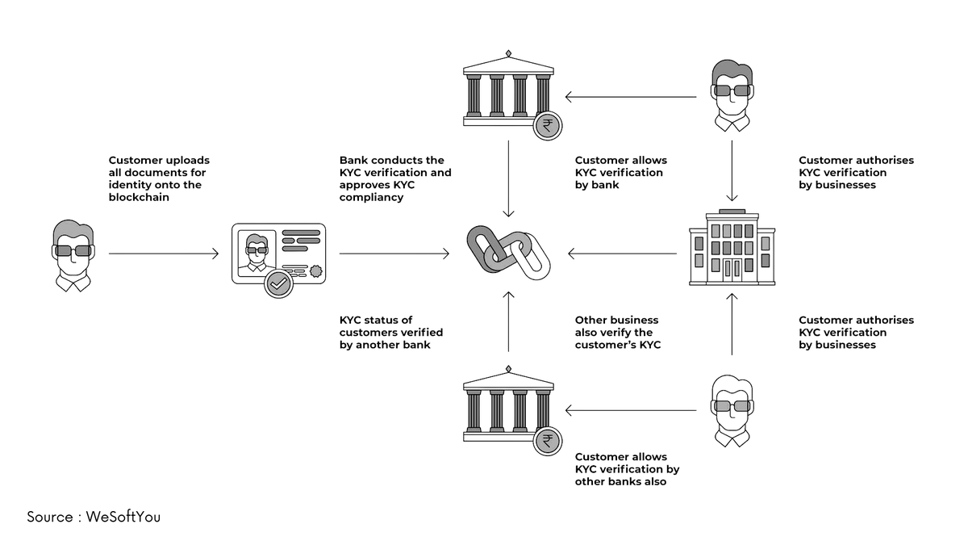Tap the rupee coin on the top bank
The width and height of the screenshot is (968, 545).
coord(548,126)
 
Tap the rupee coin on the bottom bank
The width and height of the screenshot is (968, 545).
coord(548,442)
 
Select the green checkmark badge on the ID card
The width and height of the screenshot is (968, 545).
coord(278,283)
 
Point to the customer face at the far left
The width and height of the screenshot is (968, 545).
coord(73,251)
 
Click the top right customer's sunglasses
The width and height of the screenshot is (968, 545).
coord(732,90)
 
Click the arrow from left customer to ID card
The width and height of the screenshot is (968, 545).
coord(164,254)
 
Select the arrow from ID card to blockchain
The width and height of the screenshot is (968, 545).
coord(394,254)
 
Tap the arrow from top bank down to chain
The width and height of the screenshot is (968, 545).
coord(508,178)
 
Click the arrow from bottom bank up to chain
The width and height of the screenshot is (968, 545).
coord(508,322)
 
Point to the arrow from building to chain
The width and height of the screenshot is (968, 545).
coord(622,254)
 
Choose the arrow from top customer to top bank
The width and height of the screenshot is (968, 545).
coord(630,98)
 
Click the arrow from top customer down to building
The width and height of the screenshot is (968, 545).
coord(732,170)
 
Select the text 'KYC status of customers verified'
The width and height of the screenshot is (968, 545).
coord(391,326)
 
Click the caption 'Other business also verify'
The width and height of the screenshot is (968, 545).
coord(616,326)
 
